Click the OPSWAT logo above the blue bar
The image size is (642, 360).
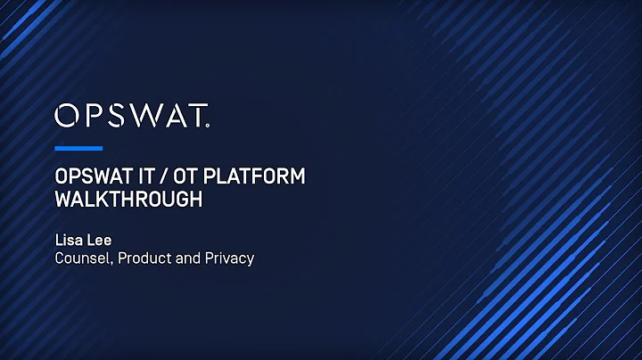coord(132,116)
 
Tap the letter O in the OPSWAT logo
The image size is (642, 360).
coord(66,116)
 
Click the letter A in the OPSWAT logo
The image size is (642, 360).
coord(172,116)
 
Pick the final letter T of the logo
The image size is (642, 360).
coord(197,116)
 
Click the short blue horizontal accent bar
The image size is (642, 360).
coord(78,148)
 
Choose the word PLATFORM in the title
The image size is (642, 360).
coord(256,176)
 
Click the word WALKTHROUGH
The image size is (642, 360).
coord(128,200)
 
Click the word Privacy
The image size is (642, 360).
coord(228,258)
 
